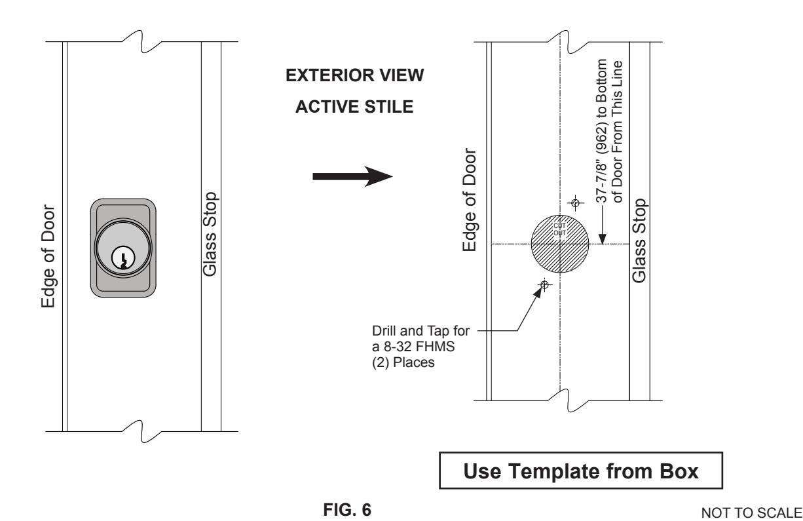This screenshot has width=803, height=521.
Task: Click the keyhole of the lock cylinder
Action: point(123,258)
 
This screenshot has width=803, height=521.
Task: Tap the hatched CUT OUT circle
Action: point(560,244)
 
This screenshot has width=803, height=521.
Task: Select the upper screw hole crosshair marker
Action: point(575,203)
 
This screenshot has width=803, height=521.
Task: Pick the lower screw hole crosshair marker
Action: point(544,285)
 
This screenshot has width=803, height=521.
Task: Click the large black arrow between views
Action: point(353,176)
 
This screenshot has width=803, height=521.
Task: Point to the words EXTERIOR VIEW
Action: point(354,75)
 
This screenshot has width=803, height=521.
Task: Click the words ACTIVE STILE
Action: point(354,107)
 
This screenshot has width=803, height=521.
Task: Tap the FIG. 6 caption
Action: point(347,509)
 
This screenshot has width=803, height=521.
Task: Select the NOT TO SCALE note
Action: point(751,512)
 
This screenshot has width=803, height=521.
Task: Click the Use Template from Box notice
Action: point(581,471)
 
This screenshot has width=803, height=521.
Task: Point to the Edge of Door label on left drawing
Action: point(48,256)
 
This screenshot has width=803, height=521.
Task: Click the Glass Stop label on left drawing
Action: point(210,234)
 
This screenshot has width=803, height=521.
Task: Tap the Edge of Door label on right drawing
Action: point(470,200)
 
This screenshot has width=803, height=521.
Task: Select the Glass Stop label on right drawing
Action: point(639,241)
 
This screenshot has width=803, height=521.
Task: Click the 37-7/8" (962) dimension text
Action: point(601,131)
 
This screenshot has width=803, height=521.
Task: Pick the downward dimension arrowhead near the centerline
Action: point(603,239)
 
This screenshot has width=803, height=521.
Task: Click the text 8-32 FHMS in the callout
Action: point(419,347)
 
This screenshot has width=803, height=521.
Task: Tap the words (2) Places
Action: point(403,362)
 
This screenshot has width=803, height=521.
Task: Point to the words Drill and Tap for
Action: point(421,331)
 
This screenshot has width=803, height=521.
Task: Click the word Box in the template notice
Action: point(679,471)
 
